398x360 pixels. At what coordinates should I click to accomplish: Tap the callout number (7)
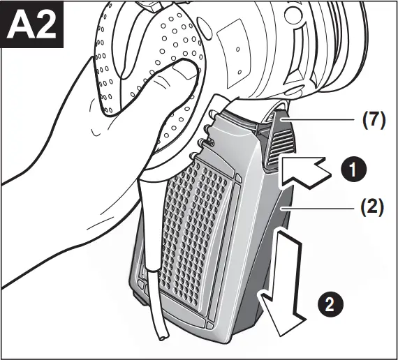[x=373, y=119]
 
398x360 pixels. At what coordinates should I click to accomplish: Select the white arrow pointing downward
[x=282, y=279]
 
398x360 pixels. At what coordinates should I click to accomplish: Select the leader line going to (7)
[x=321, y=119]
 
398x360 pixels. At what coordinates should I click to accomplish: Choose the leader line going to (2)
[x=321, y=208]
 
